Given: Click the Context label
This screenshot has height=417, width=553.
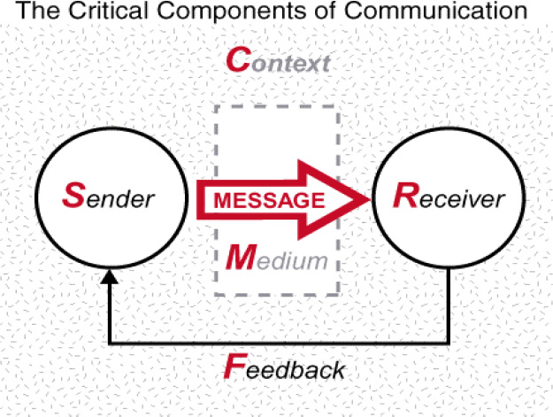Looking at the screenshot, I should [278, 61].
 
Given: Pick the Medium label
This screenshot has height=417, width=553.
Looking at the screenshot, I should [277, 259].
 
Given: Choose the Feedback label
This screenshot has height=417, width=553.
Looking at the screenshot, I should [283, 367].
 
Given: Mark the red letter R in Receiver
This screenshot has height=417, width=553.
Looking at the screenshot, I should [403, 196].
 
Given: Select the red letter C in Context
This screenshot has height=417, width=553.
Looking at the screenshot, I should [236, 60].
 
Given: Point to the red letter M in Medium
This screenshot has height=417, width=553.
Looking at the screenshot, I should [238, 259].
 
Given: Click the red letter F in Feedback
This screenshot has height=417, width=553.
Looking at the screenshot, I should [234, 365].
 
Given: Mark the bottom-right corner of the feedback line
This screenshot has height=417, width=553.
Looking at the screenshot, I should [451, 342].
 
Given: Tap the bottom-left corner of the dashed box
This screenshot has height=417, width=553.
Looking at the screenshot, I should [217, 294].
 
